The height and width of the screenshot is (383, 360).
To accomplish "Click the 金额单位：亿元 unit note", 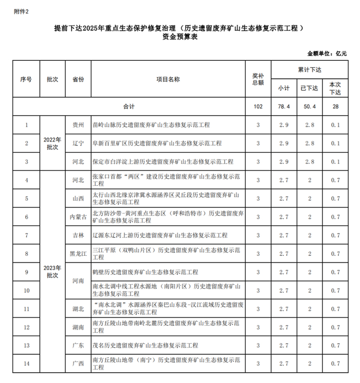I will click(327, 53).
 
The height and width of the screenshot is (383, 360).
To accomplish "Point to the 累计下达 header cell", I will click(309, 69).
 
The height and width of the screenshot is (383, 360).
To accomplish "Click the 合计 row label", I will click(129, 107).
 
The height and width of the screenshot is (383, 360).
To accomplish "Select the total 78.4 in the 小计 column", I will click(284, 107).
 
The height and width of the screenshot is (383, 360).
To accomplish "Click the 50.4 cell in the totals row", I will click(309, 107).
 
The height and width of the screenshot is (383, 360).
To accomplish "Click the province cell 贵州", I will click(78, 125).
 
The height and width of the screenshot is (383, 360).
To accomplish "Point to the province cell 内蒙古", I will click(78, 217).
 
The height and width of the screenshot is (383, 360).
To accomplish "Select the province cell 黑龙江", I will click(78, 253).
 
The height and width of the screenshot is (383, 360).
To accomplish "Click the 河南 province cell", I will click(78, 281).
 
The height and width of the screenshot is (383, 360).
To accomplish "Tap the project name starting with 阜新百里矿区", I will click(156, 144).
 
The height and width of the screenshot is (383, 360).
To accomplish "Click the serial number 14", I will click(26, 363).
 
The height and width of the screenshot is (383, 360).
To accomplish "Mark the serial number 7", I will click(26, 235).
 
